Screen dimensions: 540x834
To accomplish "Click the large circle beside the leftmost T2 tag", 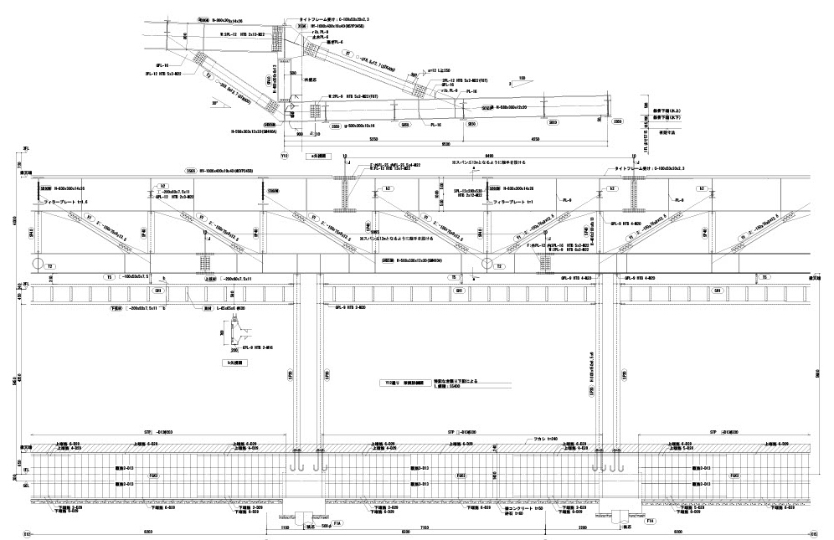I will [38, 265].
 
